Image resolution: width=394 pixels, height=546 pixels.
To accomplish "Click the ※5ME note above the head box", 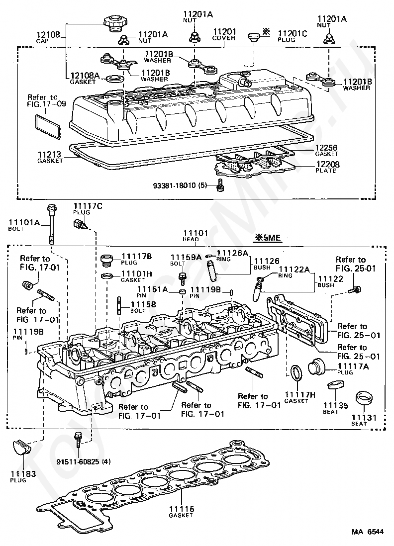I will (268, 238).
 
